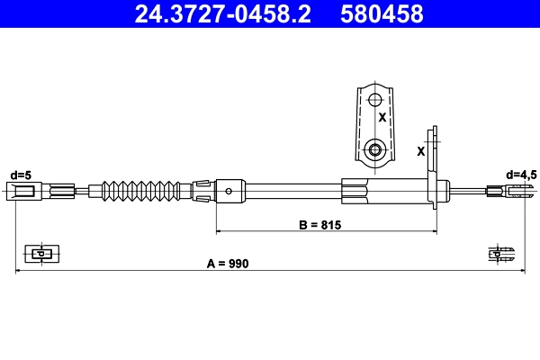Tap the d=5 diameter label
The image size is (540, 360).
(x=20, y=175)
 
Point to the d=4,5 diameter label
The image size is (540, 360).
(x=521, y=175)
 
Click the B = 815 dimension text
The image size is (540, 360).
(x=319, y=225)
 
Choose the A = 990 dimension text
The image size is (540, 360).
(x=227, y=264)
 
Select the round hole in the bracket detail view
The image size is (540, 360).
(x=375, y=148)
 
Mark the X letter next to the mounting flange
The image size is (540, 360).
(x=421, y=151)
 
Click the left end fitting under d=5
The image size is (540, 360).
(x=24, y=190)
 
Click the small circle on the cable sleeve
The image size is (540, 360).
(x=230, y=190)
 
